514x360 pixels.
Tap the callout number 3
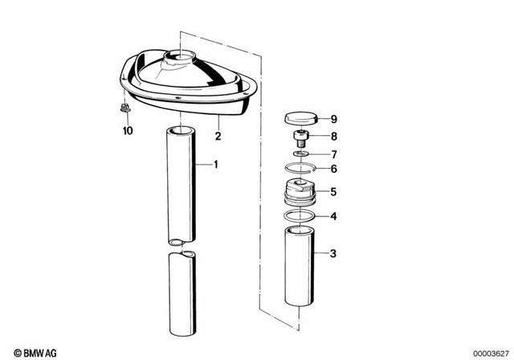334,254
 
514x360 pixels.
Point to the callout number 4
334,216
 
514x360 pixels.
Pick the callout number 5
334,192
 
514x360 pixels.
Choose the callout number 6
334,169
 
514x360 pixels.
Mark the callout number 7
334,153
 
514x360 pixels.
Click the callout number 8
334,137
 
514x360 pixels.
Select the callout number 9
334,118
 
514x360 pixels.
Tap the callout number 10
127,130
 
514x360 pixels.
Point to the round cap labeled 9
301,119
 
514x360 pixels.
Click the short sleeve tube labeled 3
302,265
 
